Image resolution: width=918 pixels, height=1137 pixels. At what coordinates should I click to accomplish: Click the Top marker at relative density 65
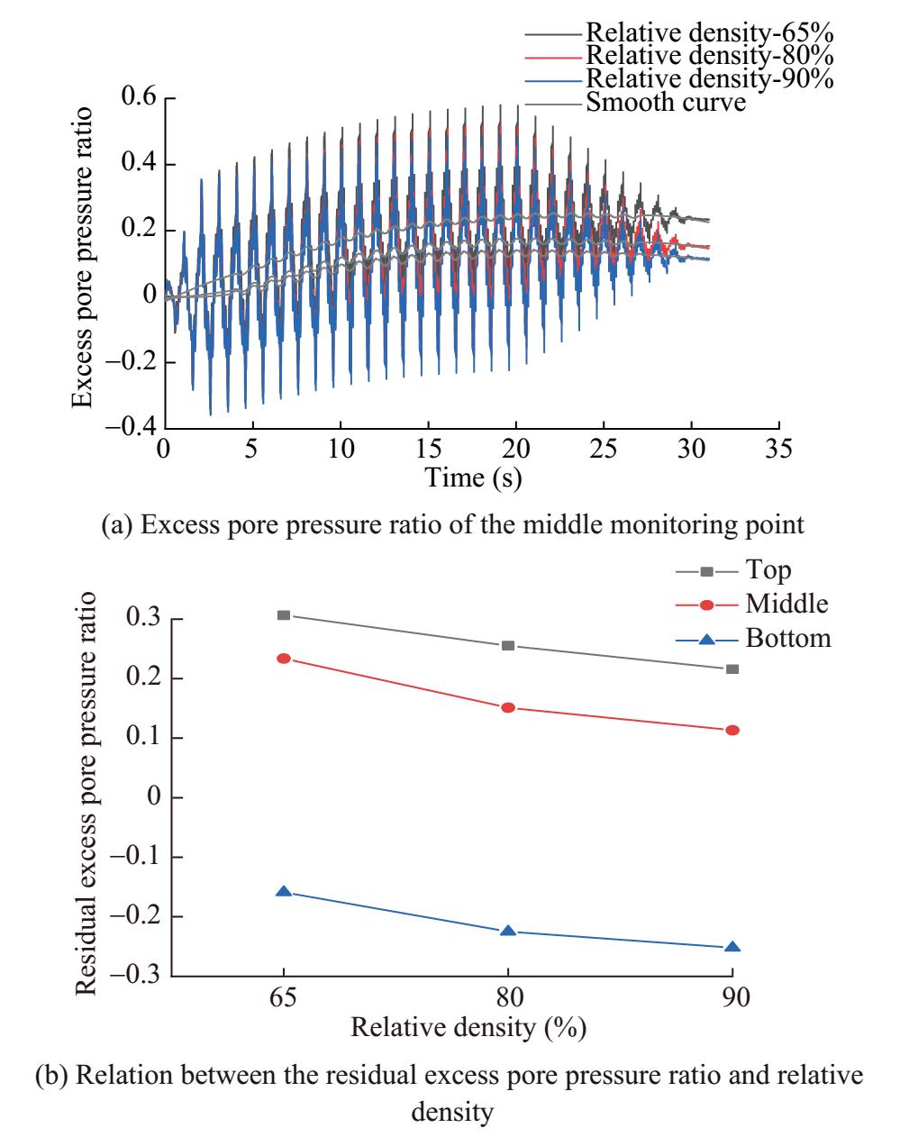coord(284,614)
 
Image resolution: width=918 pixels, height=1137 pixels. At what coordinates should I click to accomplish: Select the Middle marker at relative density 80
coord(508,707)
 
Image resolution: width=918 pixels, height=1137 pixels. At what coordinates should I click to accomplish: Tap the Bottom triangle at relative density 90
coord(732,947)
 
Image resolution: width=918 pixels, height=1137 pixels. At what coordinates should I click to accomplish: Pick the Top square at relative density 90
coord(732,669)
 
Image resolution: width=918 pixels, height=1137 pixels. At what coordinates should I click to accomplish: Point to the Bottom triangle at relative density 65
coord(284,891)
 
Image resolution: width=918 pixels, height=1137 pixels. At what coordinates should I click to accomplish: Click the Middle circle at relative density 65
coord(284,659)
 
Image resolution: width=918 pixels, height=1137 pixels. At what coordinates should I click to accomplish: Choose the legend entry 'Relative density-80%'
coord(709,56)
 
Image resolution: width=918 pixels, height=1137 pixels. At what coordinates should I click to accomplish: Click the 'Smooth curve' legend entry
coord(666,102)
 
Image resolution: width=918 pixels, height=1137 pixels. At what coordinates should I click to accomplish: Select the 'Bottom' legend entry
coord(787,639)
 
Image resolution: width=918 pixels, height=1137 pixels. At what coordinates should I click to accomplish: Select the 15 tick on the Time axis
coord(428,448)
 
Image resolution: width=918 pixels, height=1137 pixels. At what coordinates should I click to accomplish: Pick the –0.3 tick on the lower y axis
coord(134,975)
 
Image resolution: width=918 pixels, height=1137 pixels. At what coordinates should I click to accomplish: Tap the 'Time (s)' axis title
coord(473,477)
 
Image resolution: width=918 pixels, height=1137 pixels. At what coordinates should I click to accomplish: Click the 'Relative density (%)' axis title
coord(468,1027)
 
